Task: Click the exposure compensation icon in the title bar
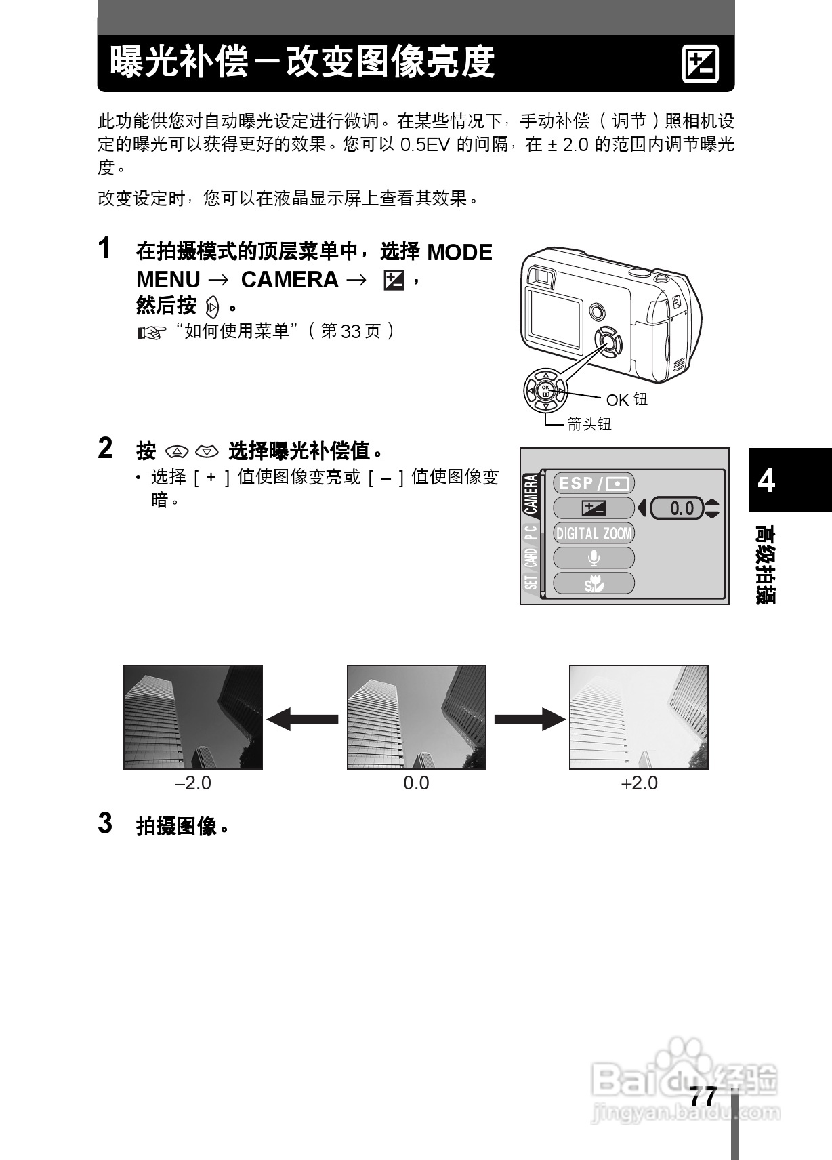(x=700, y=64)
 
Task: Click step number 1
(x=104, y=248)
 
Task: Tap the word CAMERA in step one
(x=289, y=280)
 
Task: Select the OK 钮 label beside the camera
(x=627, y=400)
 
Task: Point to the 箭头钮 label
(x=589, y=424)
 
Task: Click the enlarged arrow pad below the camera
(x=545, y=390)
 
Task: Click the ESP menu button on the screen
(x=594, y=483)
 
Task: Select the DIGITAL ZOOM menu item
(x=594, y=533)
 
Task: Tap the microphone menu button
(x=594, y=558)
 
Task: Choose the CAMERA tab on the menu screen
(x=532, y=494)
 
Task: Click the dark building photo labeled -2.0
(x=193, y=717)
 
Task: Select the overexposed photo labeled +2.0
(x=638, y=717)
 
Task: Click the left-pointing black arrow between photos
(x=303, y=719)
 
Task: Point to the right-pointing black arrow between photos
(x=528, y=719)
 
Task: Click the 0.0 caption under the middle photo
(x=416, y=783)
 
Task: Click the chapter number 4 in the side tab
(x=766, y=480)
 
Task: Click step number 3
(x=105, y=823)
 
